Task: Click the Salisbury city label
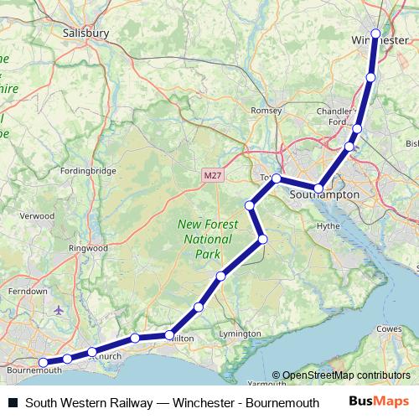coord(85,33)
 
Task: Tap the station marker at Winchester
coord(375,34)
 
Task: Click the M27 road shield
coord(213,175)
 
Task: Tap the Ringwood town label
coord(89,248)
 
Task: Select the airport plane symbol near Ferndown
coord(58,310)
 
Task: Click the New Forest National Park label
coord(207,239)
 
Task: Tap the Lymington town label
coord(234,334)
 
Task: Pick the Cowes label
coord(391,329)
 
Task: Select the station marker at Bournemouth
coord(44,363)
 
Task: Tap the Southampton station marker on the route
coord(318,188)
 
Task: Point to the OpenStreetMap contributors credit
coord(346,375)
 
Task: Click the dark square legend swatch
coord(13,402)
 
